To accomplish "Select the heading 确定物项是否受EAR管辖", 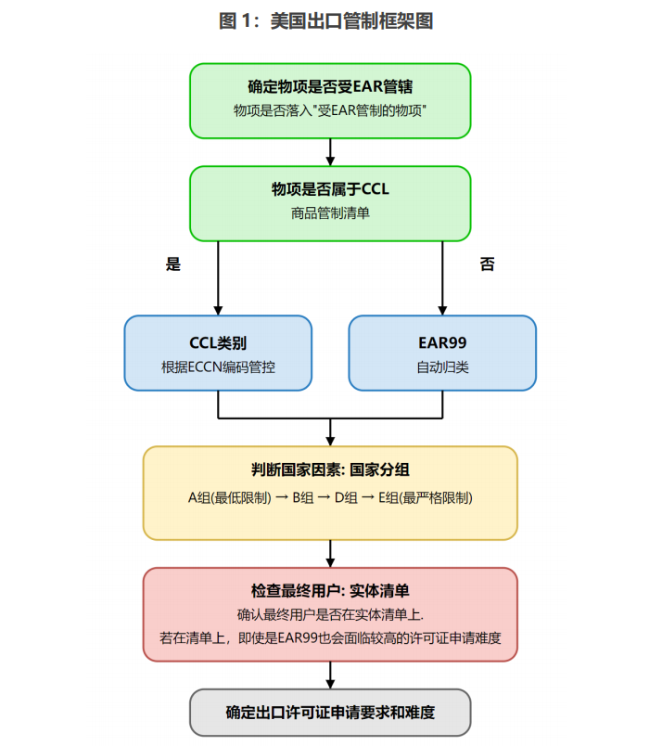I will point(330,86).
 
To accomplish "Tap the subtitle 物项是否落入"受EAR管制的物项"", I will point(330,109).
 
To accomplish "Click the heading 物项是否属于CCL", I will point(330,189).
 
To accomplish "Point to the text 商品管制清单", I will point(330,212).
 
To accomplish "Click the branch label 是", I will point(172,264).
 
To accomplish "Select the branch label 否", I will point(487,264).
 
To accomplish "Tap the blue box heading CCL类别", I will point(218,342).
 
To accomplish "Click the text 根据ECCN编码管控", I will point(218,367).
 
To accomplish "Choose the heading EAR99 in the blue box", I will point(442,342).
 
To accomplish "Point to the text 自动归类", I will point(442,367).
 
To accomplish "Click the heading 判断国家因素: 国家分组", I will point(330,469).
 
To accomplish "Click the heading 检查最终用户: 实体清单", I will point(330,591).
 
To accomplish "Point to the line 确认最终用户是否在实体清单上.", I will point(330,614).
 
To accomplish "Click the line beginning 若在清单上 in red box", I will point(330,638).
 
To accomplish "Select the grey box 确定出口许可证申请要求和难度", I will point(330,713).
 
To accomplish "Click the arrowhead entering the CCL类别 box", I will point(218,310).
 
